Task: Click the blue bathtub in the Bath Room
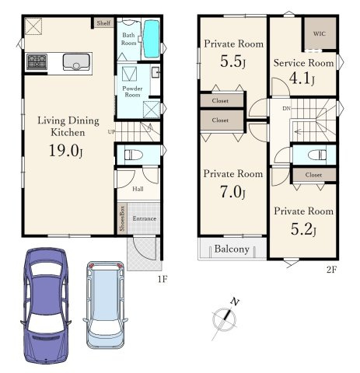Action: click(x=151, y=39)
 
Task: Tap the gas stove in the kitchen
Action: click(x=37, y=61)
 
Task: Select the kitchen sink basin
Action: click(x=76, y=62)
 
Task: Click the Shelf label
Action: click(x=103, y=23)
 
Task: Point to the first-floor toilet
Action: click(x=134, y=155)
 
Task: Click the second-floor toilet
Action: click(x=317, y=155)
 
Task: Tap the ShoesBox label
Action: click(x=122, y=218)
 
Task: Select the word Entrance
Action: click(x=145, y=218)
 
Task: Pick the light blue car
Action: click(x=105, y=305)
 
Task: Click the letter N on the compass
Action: click(x=235, y=302)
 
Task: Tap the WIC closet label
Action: click(x=320, y=33)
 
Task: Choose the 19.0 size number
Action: click(x=64, y=150)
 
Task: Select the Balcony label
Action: click(x=232, y=249)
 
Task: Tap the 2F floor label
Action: click(x=331, y=270)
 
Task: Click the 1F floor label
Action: click(x=163, y=279)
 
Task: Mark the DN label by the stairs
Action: click(x=286, y=109)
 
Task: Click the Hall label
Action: click(x=138, y=189)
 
